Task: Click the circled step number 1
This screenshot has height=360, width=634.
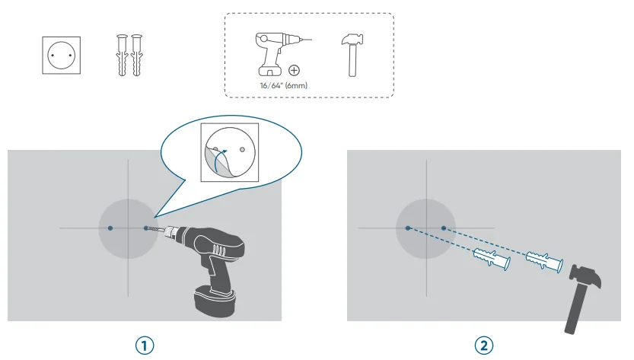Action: (144, 345)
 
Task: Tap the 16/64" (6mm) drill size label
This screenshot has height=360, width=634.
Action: (284, 86)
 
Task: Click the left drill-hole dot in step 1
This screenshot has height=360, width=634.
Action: (110, 228)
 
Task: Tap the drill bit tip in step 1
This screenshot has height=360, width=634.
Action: (146, 228)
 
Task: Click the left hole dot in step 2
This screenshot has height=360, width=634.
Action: (408, 228)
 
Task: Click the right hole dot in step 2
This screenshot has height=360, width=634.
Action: (444, 228)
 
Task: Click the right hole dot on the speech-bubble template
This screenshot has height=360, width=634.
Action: (242, 151)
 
